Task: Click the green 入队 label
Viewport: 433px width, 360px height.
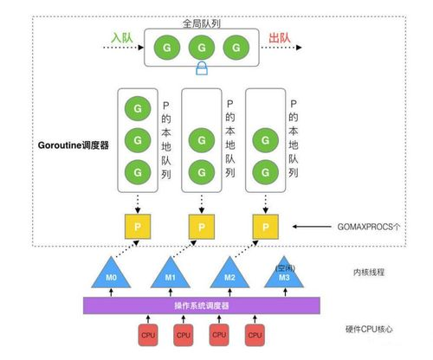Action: tap(121, 40)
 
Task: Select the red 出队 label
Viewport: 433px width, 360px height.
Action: tap(280, 40)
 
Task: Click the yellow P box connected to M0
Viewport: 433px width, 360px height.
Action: tap(133, 227)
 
